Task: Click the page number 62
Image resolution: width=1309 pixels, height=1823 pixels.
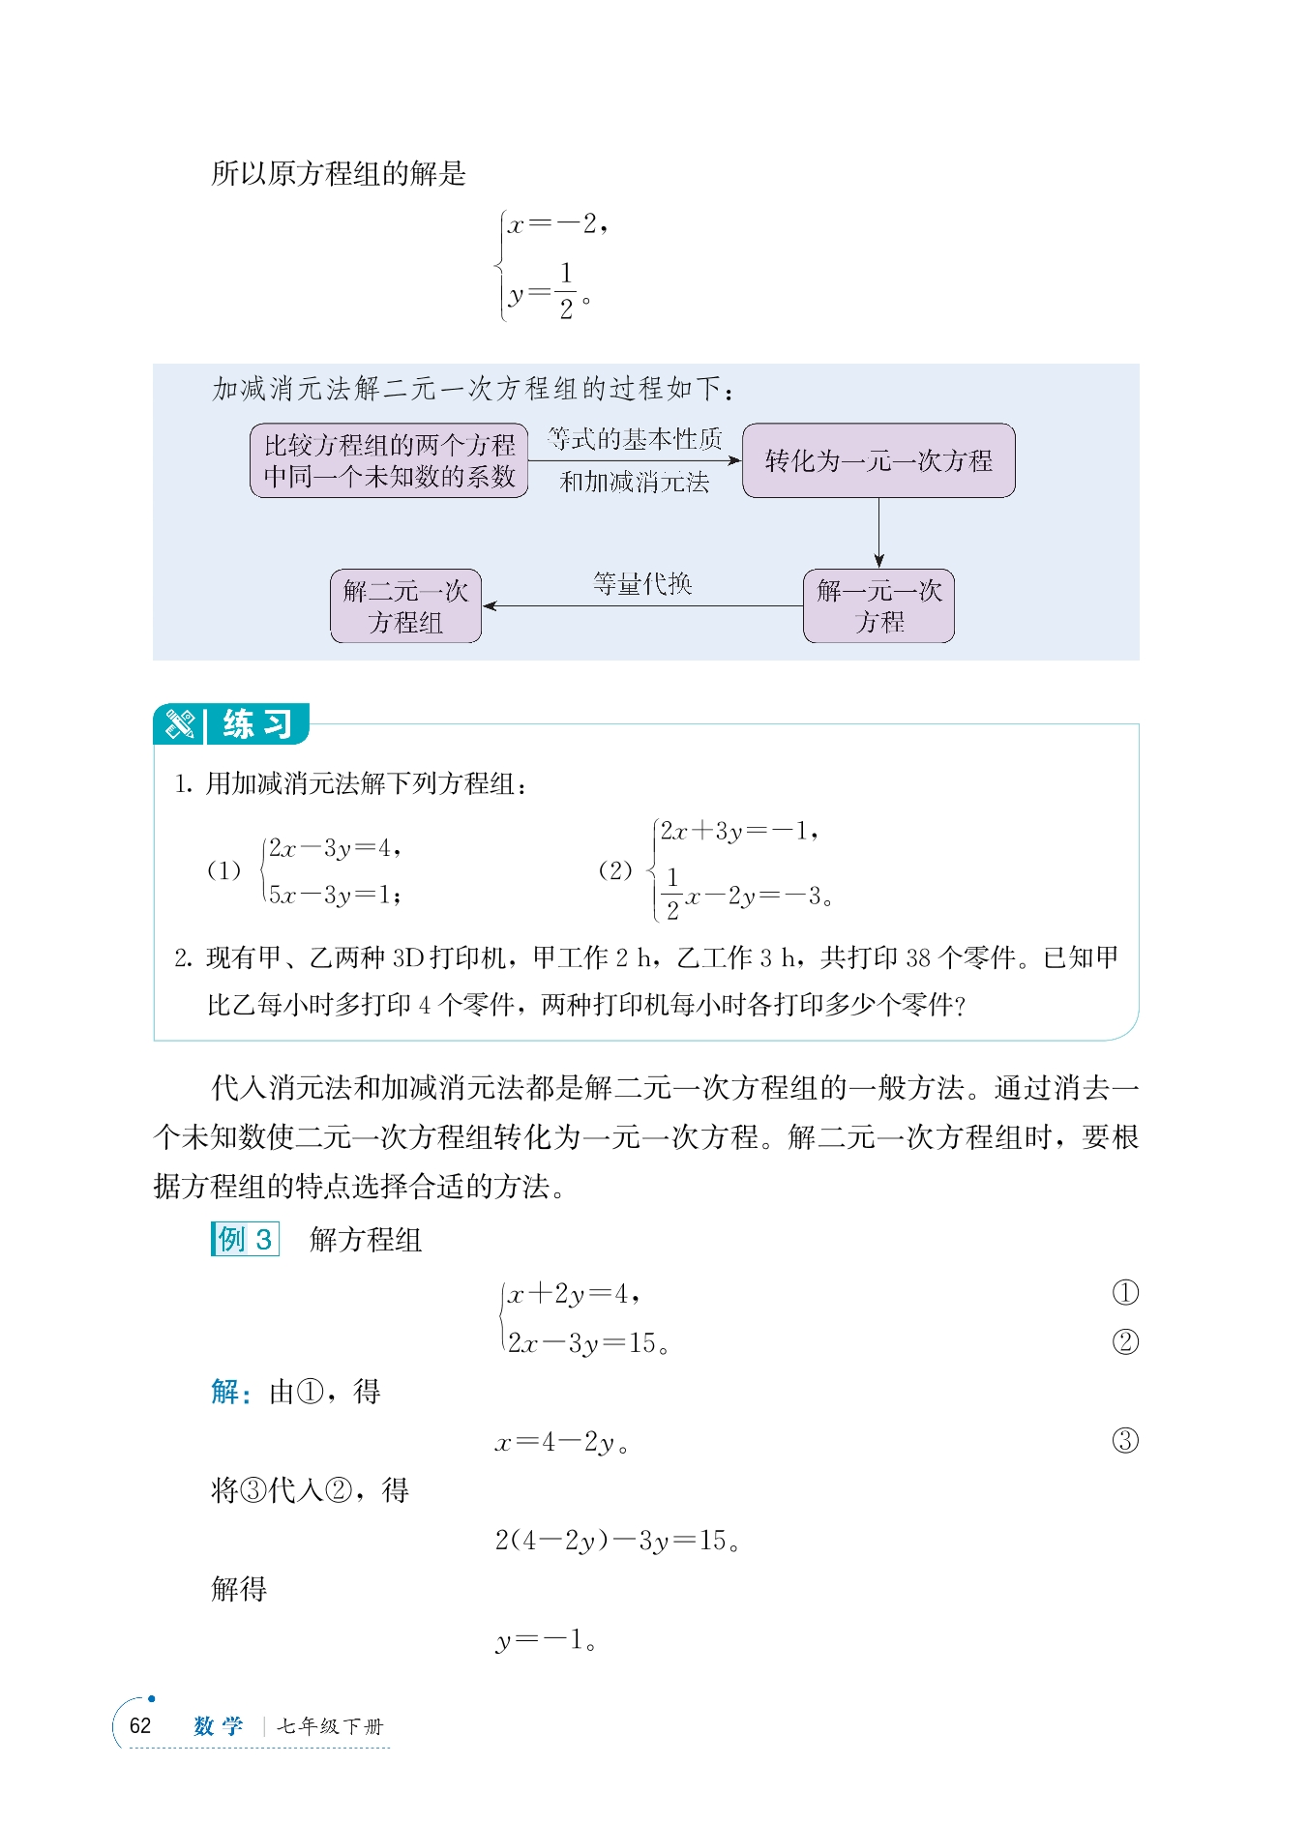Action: click(x=140, y=1725)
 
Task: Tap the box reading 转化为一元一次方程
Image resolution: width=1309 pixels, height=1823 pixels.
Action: click(x=878, y=460)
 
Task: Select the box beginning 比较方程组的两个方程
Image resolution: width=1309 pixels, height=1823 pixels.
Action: click(x=389, y=460)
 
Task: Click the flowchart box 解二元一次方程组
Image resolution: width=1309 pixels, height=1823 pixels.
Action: click(x=405, y=606)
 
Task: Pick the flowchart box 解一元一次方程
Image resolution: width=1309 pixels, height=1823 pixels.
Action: click(x=878, y=606)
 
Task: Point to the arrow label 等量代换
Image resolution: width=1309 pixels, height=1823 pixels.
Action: click(x=642, y=584)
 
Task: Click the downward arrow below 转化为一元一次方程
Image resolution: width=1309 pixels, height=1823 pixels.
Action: click(x=878, y=533)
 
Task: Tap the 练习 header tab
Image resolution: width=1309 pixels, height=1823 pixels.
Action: click(x=256, y=724)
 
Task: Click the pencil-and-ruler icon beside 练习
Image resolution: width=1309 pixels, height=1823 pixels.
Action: click(x=180, y=724)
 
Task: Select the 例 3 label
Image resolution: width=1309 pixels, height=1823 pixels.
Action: click(x=245, y=1239)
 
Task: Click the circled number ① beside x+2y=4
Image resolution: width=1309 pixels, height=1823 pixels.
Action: click(x=1125, y=1293)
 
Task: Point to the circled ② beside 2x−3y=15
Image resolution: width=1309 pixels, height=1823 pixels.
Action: click(x=1125, y=1342)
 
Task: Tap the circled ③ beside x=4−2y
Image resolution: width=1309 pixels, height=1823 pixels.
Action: click(x=1125, y=1441)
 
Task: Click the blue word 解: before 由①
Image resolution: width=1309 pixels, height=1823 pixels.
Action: click(x=230, y=1392)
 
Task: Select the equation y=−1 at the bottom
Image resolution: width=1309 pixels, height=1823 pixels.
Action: click(x=546, y=1639)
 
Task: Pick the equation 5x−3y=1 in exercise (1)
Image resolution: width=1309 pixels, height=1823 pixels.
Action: click(x=335, y=895)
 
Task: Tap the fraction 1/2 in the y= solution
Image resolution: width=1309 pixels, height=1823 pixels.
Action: click(x=566, y=291)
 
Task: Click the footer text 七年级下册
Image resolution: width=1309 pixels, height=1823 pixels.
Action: click(x=330, y=1726)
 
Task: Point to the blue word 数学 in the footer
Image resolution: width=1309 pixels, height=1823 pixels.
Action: click(x=219, y=1726)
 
